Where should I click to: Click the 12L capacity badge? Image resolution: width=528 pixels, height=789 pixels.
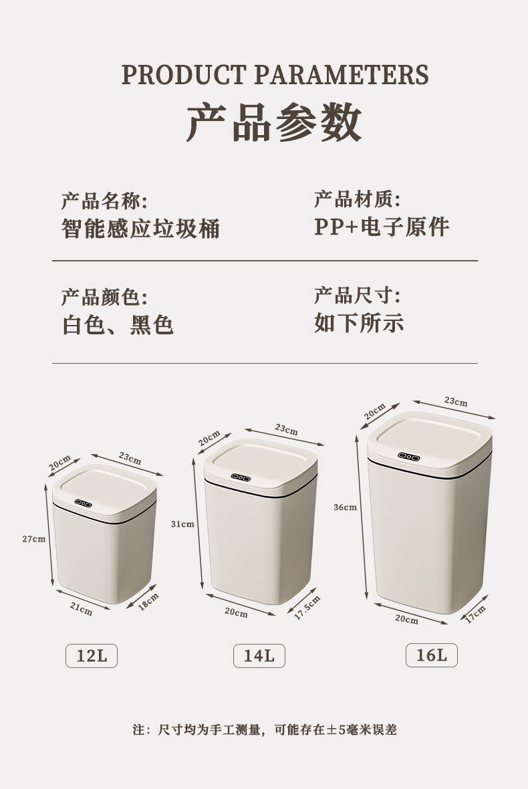92,656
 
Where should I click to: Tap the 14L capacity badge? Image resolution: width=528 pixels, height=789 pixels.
259,656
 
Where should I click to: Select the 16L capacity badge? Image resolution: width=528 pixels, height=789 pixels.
432,655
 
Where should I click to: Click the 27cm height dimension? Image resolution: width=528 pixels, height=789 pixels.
33,539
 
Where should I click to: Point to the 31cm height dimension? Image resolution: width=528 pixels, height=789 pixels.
182,524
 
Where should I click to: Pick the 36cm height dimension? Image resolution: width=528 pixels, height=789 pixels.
346,508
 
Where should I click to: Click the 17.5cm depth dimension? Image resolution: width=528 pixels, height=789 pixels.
307,607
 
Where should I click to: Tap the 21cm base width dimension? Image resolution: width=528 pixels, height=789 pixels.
81,609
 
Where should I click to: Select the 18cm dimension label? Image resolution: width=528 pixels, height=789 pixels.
148,601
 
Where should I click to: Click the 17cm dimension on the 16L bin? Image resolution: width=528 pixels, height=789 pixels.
475,614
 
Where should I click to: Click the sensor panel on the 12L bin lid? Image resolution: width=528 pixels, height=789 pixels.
83,503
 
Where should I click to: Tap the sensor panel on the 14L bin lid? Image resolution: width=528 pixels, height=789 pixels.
241,477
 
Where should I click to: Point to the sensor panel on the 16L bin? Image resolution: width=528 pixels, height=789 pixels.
408,457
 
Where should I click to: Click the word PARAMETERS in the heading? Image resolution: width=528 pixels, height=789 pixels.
342,74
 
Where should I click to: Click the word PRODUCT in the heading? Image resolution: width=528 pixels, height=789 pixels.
183,74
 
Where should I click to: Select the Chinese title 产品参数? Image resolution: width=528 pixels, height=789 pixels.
275,122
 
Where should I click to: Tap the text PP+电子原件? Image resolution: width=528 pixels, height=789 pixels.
382,227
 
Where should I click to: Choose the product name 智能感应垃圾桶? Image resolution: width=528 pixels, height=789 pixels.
141,229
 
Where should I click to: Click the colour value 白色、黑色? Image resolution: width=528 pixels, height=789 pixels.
118,324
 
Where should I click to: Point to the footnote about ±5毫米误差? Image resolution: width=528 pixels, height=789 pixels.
265,729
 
